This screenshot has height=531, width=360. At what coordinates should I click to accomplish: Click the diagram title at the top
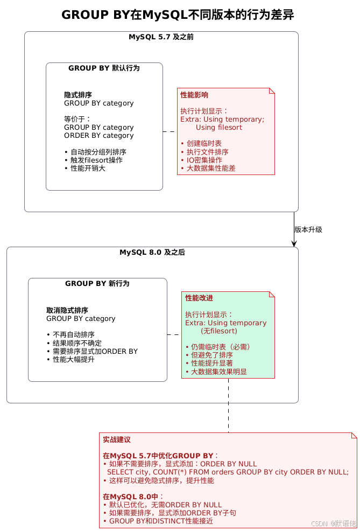point(178,15)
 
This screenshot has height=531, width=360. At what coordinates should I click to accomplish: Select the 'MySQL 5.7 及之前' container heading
point(161,37)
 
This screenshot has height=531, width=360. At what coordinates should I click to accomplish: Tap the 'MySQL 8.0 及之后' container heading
point(152,252)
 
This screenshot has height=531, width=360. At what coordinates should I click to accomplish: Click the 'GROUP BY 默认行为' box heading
point(104,68)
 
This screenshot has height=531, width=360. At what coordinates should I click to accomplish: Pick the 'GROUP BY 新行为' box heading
point(97,283)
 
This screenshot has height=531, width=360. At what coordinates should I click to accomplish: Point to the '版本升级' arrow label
point(308,229)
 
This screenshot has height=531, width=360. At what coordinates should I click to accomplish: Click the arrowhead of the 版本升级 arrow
point(294,244)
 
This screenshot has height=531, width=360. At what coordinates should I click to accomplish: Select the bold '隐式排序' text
point(77,95)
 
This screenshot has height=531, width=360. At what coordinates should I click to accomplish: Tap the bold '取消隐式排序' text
point(67,310)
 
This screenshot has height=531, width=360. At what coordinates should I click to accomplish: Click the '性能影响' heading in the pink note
point(194,95)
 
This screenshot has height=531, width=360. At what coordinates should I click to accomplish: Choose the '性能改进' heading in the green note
point(199,298)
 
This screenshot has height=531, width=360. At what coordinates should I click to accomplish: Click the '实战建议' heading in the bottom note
point(117,439)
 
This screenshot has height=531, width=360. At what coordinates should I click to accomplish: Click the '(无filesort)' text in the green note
point(218,331)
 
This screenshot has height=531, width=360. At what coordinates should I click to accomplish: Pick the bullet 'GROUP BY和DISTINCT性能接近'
point(161,521)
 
